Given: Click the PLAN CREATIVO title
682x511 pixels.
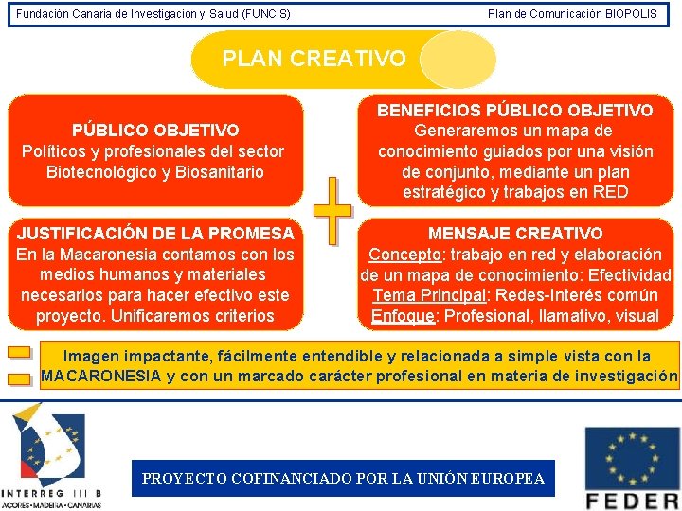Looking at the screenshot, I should point(314,59).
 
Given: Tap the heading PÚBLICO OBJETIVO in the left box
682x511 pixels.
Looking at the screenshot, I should point(155,130).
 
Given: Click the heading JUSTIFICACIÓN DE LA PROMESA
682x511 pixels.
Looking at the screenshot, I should point(155,233).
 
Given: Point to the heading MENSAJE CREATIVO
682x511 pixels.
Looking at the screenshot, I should point(515,233).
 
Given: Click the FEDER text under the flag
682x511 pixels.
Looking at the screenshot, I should point(633,500).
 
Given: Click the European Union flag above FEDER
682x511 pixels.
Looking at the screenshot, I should point(632,457).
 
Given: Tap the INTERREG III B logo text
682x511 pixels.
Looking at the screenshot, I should point(52,493).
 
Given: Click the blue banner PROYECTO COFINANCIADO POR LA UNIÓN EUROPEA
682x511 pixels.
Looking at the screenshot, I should point(343,479).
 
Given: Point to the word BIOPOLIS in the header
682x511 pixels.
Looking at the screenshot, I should point(631,14).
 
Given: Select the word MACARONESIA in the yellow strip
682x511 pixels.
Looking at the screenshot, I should point(102,377).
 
